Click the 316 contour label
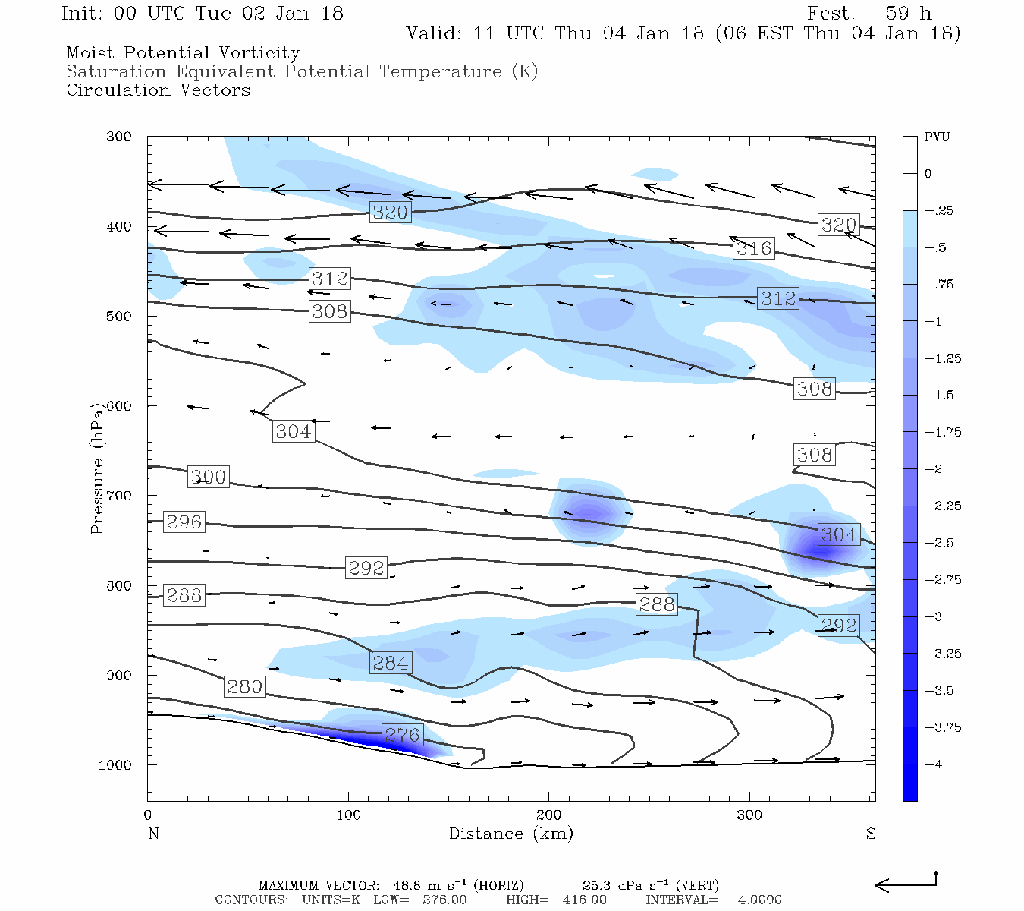point(754,248)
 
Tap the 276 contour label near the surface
point(402,735)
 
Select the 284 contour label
point(391,663)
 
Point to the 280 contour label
point(244,687)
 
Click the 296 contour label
point(184,522)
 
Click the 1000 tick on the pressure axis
point(115,765)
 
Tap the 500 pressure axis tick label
point(119,316)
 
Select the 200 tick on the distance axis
point(549,815)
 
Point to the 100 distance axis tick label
point(348,815)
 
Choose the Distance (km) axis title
point(510,834)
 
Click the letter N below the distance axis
point(153,834)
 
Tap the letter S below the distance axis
point(871,834)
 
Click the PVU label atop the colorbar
point(937,137)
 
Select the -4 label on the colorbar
point(934,764)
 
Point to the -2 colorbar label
point(934,469)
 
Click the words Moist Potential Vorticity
point(183,53)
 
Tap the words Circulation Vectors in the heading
point(158,90)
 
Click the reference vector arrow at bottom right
point(906,884)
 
